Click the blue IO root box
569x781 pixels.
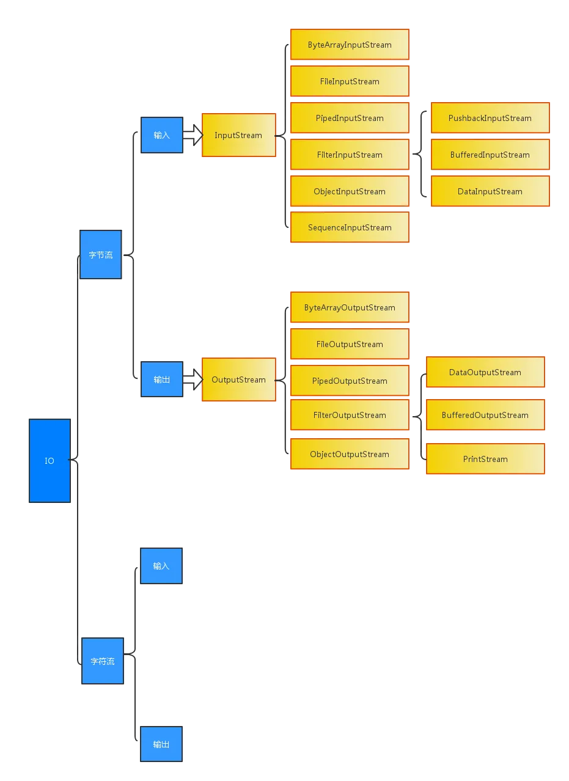coord(49,461)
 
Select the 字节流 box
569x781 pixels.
coord(101,255)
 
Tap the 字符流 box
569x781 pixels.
coord(103,661)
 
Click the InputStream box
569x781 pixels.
coord(238,136)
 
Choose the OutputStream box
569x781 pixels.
coord(238,380)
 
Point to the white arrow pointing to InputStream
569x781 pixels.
coord(193,136)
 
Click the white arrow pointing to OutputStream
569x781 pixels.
coord(193,380)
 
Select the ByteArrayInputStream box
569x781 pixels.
coord(350,45)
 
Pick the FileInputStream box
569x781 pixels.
coord(350,81)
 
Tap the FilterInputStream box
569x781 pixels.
coord(350,155)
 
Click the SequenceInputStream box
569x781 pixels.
coord(350,227)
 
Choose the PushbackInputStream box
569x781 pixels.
coord(490,118)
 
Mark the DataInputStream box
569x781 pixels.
coord(490,191)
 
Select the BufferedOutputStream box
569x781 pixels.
coord(485,415)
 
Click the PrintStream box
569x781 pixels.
coord(485,459)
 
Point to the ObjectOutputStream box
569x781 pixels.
coord(350,454)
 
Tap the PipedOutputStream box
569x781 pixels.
coord(350,381)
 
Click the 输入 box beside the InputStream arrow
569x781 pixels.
coord(162,135)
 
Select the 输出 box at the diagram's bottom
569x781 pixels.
coord(161,744)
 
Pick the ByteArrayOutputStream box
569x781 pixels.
coord(350,307)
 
